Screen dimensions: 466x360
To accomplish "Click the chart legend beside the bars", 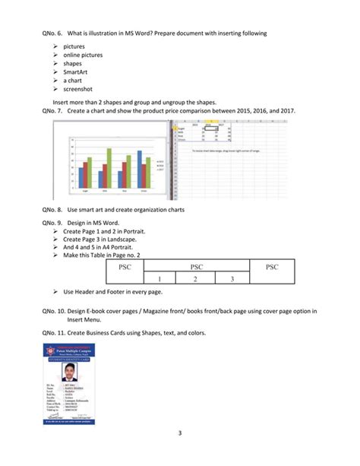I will [159, 166].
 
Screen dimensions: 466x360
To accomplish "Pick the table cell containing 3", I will [232, 279].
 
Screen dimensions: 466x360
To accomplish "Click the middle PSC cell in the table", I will [196, 267].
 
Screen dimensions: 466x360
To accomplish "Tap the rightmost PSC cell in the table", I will [271, 267].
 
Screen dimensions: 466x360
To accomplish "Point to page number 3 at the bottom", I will [180, 455].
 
